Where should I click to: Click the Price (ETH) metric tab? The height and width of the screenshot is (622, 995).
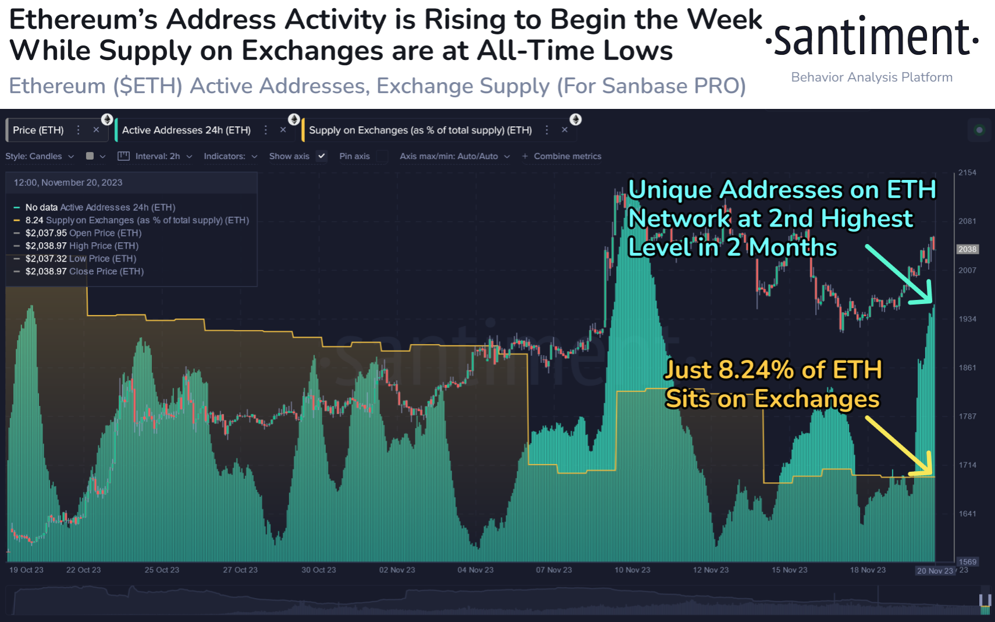click(x=38, y=130)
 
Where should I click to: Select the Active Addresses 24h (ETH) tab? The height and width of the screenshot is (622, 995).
click(x=186, y=130)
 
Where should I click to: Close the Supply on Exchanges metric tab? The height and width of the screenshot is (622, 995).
click(x=564, y=130)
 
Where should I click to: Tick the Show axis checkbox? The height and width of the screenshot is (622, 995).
click(x=321, y=156)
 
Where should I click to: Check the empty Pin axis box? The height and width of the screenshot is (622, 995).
click(x=382, y=156)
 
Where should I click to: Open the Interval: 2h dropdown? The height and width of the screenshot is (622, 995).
click(x=158, y=156)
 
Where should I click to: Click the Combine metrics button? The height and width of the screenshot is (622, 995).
click(x=562, y=156)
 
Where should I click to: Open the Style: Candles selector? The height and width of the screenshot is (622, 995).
click(x=40, y=156)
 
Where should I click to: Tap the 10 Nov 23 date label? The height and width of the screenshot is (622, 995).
click(x=632, y=570)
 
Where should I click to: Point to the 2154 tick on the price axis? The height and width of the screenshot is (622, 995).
click(x=967, y=172)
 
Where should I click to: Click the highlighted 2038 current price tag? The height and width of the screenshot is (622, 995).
click(x=967, y=249)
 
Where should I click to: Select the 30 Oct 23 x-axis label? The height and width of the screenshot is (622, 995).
click(x=318, y=570)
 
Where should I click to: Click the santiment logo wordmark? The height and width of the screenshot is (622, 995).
click(x=872, y=38)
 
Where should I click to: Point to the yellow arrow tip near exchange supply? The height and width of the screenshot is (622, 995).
click(x=930, y=473)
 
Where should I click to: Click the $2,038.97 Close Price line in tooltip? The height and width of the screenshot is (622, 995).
click(x=84, y=271)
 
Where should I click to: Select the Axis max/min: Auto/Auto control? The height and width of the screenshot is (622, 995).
click(x=454, y=156)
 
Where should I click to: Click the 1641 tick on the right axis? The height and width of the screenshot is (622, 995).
click(x=967, y=514)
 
